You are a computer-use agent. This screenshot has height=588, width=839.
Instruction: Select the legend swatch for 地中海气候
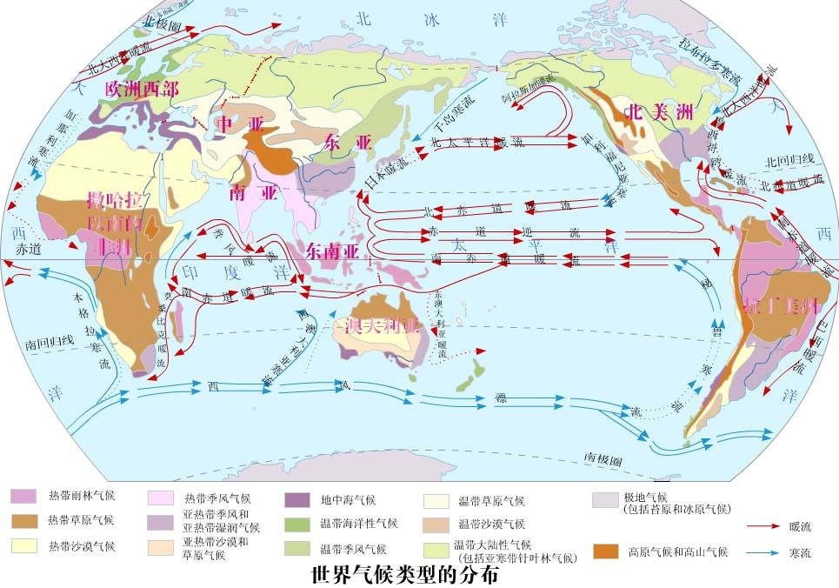297,500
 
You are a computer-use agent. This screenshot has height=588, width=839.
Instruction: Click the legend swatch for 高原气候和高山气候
605,551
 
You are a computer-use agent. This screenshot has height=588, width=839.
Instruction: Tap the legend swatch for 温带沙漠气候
435,525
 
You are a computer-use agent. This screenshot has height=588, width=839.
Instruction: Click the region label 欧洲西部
141,89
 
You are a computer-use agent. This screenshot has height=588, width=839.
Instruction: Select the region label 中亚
238,125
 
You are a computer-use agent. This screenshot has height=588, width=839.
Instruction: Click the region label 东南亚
332,251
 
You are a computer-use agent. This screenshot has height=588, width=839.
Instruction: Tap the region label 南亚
248,193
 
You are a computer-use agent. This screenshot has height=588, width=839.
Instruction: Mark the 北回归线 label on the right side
789,161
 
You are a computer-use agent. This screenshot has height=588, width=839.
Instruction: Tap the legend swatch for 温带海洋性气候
297,524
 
